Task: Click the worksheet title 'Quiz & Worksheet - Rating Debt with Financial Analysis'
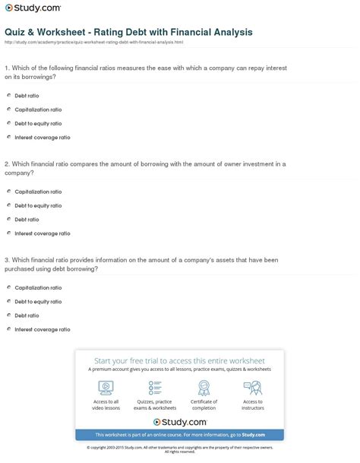click(x=128, y=33)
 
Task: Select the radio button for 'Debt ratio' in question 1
click(x=8, y=95)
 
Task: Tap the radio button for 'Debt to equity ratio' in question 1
click(x=8, y=123)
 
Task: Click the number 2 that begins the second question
click(x=5, y=163)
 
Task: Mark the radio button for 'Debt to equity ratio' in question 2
click(x=8, y=205)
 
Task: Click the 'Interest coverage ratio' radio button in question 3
click(x=8, y=329)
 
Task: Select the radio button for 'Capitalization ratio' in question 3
click(x=8, y=287)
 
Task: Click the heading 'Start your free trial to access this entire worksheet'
click(x=179, y=360)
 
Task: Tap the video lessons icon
click(x=106, y=388)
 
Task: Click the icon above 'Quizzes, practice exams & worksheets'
click(x=155, y=388)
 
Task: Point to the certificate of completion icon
click(x=204, y=388)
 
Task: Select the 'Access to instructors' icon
click(x=253, y=388)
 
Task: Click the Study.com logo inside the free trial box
click(x=179, y=421)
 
